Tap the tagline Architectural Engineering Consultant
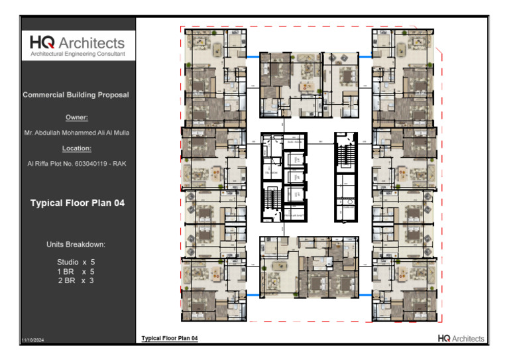[77, 54]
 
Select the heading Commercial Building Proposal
[76, 95]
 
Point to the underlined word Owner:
[77, 117]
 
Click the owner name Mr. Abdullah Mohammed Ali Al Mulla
[77, 133]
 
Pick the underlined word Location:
[77, 149]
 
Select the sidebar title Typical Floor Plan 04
[77, 203]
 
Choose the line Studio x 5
[76, 263]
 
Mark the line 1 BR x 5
[76, 272]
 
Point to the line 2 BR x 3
[76, 281]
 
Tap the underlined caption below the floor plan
[170, 339]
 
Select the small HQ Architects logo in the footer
[461, 339]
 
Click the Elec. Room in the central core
[294, 141]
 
